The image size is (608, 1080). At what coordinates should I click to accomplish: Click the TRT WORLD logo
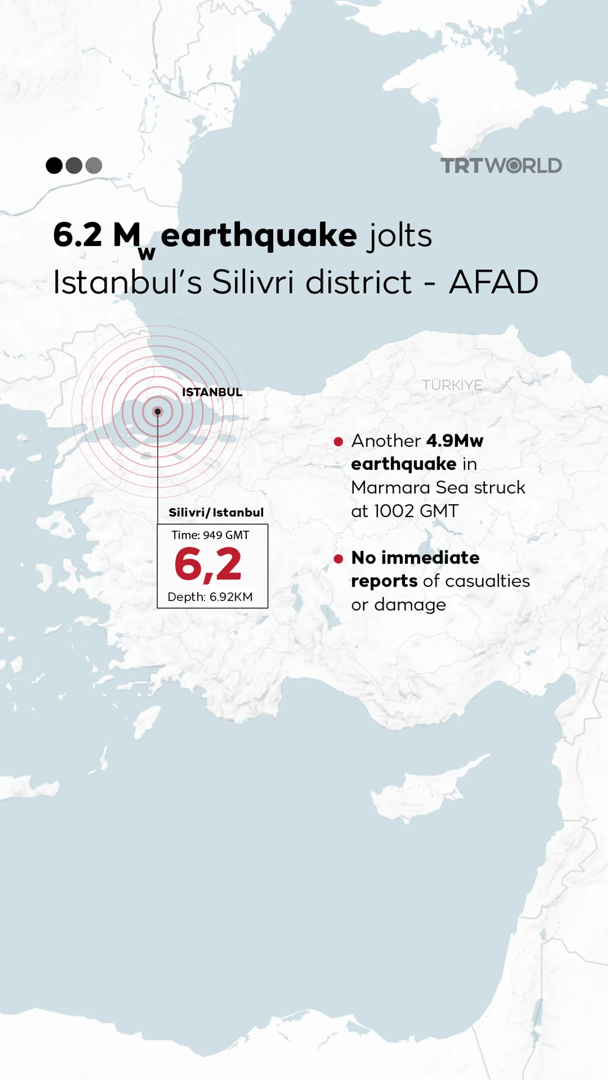coord(501,165)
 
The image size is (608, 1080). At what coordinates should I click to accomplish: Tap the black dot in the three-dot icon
coord(54,165)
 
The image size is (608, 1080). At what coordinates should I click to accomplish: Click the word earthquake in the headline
coord(259,235)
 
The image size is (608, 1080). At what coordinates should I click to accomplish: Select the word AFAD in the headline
coord(494,282)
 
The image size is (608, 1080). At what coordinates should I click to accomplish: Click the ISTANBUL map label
coord(212,392)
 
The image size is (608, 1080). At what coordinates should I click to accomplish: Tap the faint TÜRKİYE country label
coord(452,385)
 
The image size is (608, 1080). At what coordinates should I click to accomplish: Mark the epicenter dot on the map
coord(157,411)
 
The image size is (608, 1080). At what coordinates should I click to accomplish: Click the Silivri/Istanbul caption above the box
coord(216,513)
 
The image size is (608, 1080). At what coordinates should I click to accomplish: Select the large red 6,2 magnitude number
coord(208,564)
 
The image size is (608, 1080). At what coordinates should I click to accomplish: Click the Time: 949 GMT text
coord(210,535)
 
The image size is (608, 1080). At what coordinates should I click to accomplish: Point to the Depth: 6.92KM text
coord(210,597)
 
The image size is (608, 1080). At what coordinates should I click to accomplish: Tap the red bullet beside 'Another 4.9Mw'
coord(338,442)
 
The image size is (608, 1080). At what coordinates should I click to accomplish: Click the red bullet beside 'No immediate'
coord(338,559)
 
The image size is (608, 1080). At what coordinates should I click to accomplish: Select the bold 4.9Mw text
coord(455,441)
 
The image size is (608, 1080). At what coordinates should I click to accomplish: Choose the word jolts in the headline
coord(399,235)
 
